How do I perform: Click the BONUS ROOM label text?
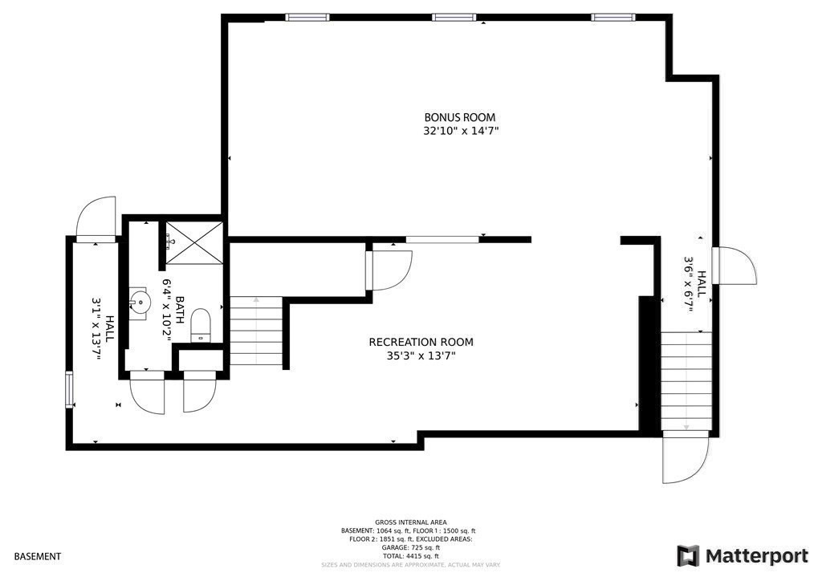[x=460, y=116]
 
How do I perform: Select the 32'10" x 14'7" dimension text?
[x=461, y=131]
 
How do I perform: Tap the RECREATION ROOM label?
[x=421, y=342]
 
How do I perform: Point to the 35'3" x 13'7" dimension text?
[x=421, y=356]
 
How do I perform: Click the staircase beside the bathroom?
[x=257, y=331]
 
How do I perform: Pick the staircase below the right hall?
[x=686, y=381]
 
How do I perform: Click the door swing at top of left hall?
[x=98, y=217]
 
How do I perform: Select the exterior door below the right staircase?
[x=685, y=457]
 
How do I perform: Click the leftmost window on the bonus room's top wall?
[x=308, y=17]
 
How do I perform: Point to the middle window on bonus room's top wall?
[x=455, y=17]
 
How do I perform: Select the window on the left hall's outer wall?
[x=69, y=389]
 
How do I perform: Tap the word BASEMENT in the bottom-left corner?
[x=37, y=556]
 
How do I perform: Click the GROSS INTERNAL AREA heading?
[x=410, y=522]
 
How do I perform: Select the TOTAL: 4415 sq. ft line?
[x=410, y=556]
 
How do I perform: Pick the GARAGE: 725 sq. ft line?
[x=410, y=547]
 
